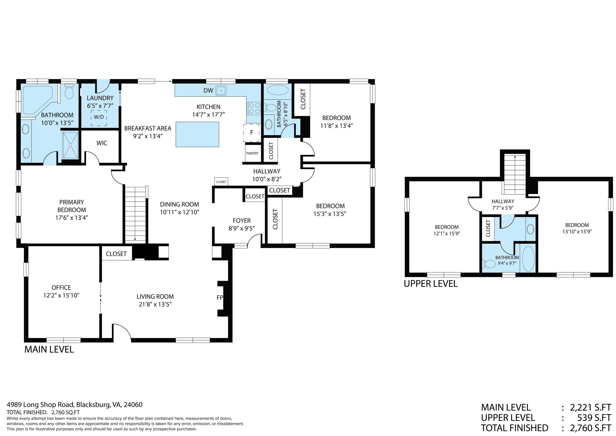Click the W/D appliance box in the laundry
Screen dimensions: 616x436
click(x=99, y=118)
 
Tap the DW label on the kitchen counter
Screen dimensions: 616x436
click(x=208, y=91)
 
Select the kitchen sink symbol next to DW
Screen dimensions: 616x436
click(x=221, y=91)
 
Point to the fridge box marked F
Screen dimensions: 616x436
click(x=252, y=133)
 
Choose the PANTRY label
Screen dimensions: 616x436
click(x=252, y=153)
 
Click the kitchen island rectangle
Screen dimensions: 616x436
click(x=198, y=134)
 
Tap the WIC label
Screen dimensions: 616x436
click(x=102, y=143)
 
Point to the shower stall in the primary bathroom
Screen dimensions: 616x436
click(x=71, y=145)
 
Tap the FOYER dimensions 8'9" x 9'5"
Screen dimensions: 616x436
click(x=242, y=228)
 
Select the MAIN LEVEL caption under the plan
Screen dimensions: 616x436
click(x=49, y=349)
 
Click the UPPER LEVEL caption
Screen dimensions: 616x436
click(x=431, y=284)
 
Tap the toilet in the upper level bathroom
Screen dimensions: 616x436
click(x=489, y=264)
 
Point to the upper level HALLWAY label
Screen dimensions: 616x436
click(x=503, y=201)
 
